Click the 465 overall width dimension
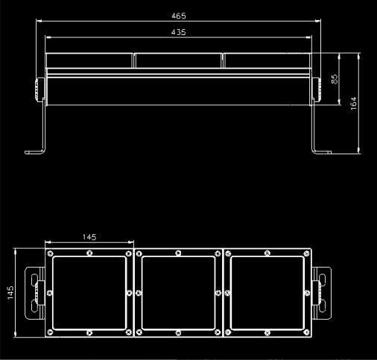(178, 15)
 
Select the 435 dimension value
(178, 32)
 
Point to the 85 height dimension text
(335, 78)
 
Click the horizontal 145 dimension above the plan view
(89, 236)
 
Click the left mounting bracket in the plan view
(35, 291)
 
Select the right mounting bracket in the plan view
(321, 291)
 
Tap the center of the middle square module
(178, 293)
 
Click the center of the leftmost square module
(89, 293)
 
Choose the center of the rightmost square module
(267, 293)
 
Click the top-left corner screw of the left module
(50, 254)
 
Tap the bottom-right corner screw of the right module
(306, 332)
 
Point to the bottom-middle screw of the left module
(89, 332)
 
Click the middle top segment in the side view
(178, 60)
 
